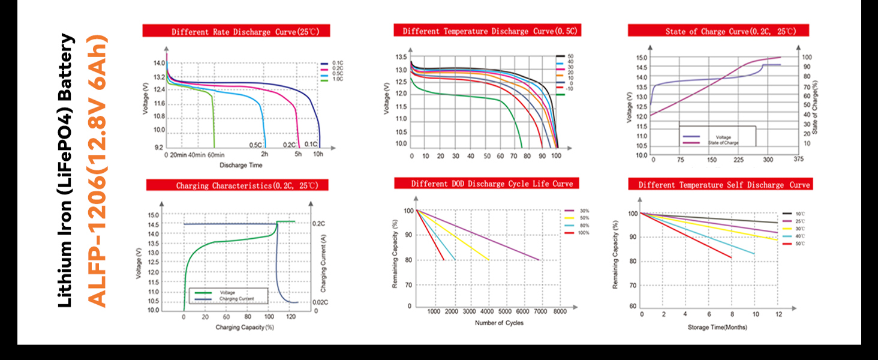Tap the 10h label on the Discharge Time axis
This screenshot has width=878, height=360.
point(318,154)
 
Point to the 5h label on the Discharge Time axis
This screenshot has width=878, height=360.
point(298,154)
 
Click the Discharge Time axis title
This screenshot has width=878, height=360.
point(240,165)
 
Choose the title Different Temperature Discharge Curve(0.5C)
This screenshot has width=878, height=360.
point(486,31)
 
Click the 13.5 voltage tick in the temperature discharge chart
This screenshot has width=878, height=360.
point(401,57)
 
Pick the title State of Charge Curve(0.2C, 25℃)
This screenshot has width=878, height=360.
point(718,31)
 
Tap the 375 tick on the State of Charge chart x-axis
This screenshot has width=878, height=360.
point(798,160)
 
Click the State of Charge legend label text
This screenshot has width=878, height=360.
point(723,143)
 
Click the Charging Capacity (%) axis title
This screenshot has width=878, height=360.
point(245,328)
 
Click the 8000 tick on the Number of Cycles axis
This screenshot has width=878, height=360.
point(559,312)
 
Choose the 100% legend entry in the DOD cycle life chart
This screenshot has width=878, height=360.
point(584,232)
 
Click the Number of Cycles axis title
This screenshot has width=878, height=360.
point(499,323)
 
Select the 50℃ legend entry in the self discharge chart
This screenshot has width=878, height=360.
point(800,244)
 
